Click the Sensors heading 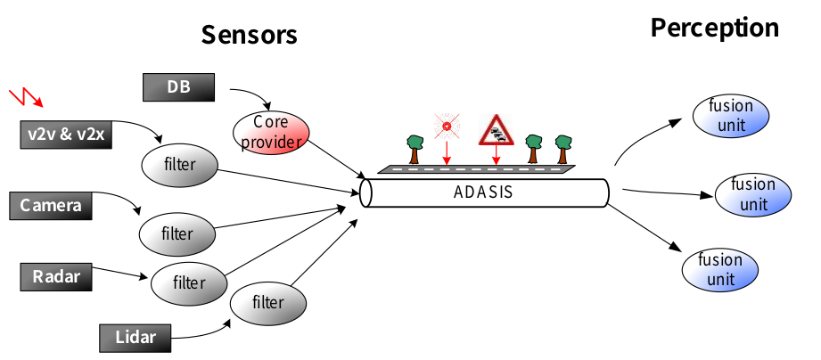(249, 34)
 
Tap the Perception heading (714, 28)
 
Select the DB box (178, 87)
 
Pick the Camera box (50, 207)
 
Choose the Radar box (55, 277)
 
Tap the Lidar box (135, 338)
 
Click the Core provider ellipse (269, 131)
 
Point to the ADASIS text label (483, 192)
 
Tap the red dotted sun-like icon (446, 127)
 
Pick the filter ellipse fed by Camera (177, 234)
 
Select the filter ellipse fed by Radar (189, 283)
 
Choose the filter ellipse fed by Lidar (267, 302)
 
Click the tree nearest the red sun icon (415, 145)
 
